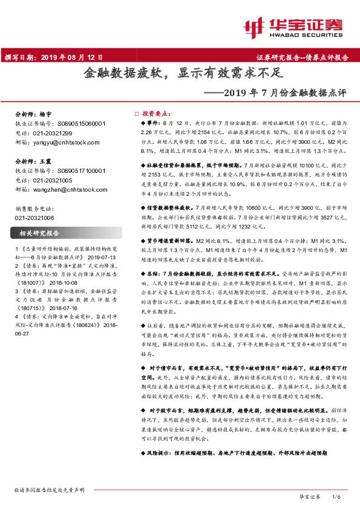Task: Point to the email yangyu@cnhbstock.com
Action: (x=57, y=141)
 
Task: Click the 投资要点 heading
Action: (x=156, y=114)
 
